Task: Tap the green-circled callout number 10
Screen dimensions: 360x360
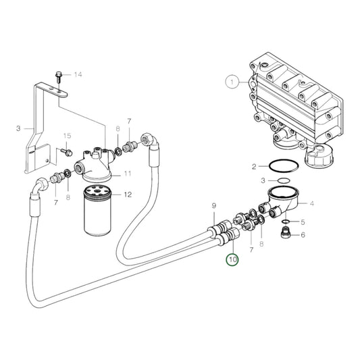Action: point(232,259)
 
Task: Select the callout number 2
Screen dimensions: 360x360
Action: point(254,166)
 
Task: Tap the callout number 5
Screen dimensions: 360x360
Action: point(303,222)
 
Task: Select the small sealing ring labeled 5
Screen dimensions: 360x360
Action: point(287,221)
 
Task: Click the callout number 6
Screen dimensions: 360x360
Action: point(303,235)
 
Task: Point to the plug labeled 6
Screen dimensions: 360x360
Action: point(286,235)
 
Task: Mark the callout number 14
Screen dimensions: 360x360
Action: point(77,74)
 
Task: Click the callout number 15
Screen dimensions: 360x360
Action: point(68,136)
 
